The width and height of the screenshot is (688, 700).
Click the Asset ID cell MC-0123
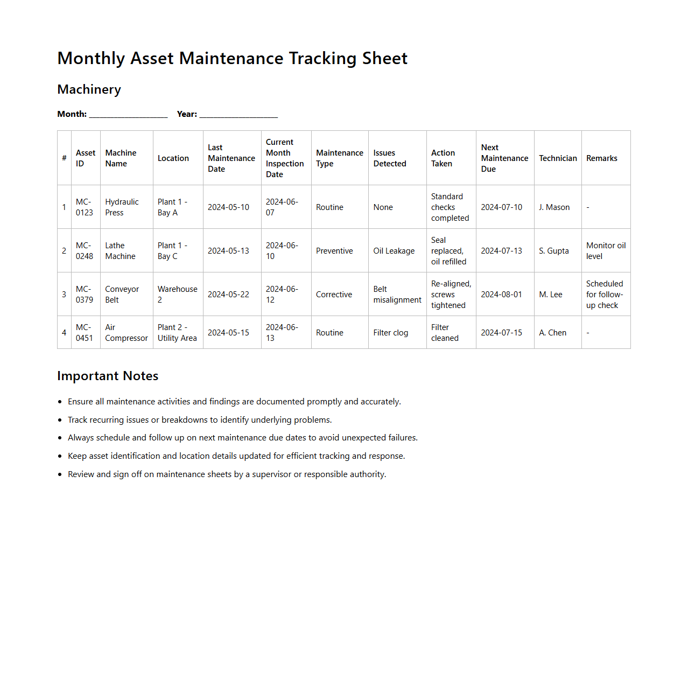coord(84,207)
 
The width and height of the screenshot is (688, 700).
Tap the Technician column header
coord(558,158)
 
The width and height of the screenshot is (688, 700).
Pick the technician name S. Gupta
coord(553,251)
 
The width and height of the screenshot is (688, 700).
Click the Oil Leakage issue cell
coord(394,251)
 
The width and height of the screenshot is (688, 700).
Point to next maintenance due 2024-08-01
coord(501,295)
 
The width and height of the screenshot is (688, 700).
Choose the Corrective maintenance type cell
coord(334,295)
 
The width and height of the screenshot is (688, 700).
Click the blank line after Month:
coord(128,115)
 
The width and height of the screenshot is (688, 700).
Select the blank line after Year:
coord(238,115)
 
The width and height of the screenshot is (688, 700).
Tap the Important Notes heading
coord(108,376)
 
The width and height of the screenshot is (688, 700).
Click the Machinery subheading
coord(89,89)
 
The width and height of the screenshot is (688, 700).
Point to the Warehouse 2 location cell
coord(177,295)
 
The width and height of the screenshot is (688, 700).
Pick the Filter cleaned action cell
coord(445,333)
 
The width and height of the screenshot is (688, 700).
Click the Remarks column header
coord(601,158)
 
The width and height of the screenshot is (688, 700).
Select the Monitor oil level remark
coord(606,251)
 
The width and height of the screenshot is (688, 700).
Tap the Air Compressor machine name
coord(126,333)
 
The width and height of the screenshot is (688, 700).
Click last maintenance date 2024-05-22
coord(228,295)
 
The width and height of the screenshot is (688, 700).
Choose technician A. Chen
coord(552,333)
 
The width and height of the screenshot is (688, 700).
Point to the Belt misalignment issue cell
coord(397,295)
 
